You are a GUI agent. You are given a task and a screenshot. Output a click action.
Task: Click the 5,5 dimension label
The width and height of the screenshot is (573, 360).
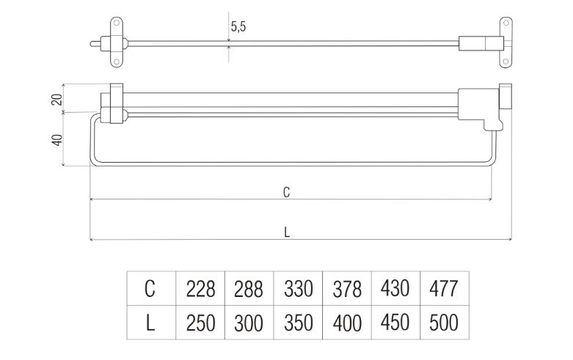(238, 26)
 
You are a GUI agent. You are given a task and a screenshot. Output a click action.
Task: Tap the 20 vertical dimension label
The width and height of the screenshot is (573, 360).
(57, 99)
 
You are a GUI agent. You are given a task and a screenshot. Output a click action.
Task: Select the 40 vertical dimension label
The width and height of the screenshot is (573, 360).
(57, 140)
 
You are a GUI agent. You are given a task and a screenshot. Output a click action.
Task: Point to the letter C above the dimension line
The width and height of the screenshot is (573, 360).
(286, 192)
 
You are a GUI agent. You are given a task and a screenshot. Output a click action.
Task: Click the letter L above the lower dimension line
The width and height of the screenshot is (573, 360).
(287, 232)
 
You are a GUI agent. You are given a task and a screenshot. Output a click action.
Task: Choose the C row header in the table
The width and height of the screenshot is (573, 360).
(150, 288)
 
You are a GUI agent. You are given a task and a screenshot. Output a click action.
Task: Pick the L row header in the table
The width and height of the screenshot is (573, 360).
(150, 323)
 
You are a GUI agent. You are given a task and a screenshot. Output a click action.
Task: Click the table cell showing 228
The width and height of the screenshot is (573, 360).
(200, 288)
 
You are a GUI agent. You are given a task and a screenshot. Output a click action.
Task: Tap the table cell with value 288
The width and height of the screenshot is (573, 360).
(249, 288)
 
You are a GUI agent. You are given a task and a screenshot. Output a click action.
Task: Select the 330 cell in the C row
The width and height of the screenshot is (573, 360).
(298, 288)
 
